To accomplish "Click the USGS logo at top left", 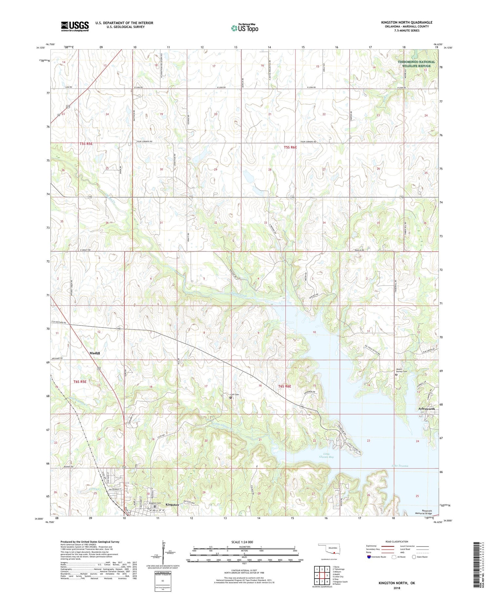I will [x=75, y=26].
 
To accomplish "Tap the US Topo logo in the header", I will [x=244, y=28].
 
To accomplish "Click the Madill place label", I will [x=94, y=353].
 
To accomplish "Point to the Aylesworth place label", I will [x=426, y=409].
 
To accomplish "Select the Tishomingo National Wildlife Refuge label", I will [x=416, y=64].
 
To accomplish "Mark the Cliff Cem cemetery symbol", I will [x=230, y=397].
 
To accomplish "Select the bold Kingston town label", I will [x=172, y=504].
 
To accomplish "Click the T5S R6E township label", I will [x=290, y=147].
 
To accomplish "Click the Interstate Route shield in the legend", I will [x=369, y=557].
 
